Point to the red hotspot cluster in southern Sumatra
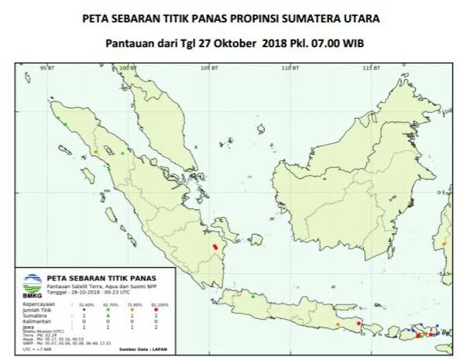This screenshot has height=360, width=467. (216, 247)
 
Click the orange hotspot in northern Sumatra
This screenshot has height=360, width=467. (95, 150)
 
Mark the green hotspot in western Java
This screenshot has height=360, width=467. (252, 295)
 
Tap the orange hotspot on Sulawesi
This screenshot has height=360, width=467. (445, 244)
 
